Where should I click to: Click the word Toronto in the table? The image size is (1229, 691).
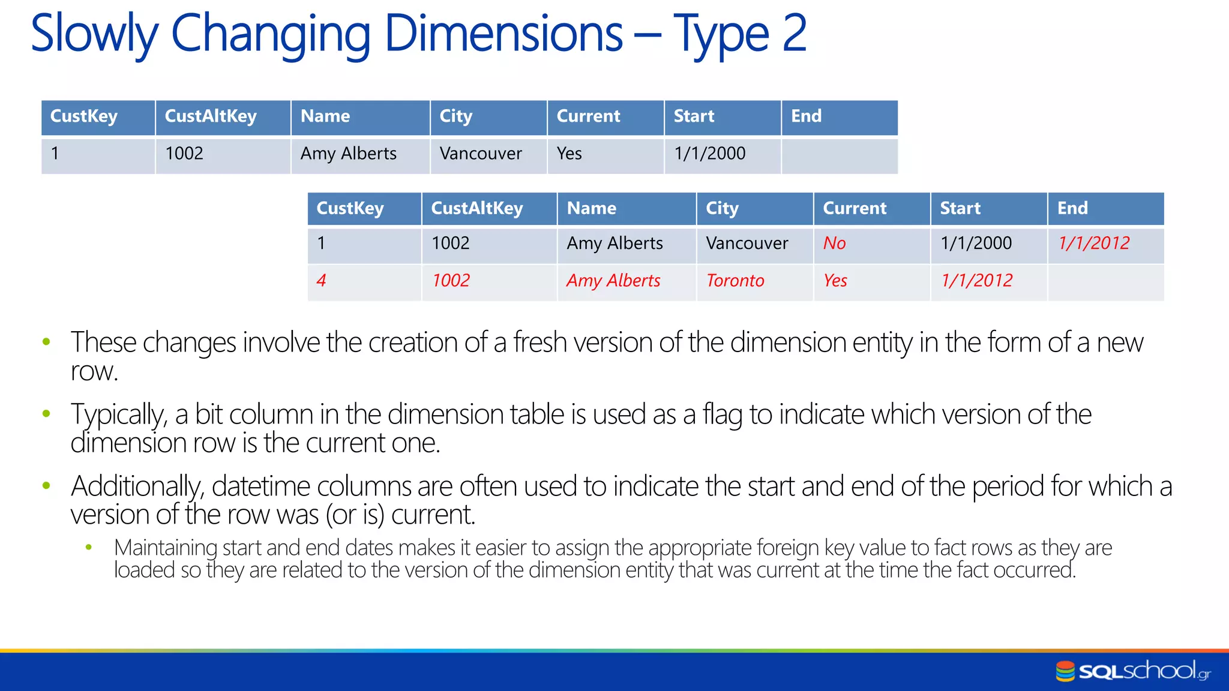point(735,281)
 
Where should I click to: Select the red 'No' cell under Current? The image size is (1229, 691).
point(834,244)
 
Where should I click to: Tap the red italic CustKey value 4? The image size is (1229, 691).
point(321,281)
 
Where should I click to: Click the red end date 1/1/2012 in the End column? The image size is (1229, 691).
point(1093,244)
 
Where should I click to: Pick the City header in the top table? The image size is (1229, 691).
point(456,116)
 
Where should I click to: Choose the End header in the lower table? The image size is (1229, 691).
point(1072,209)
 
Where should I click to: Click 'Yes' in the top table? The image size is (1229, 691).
point(569,154)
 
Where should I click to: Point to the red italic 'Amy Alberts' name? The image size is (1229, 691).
point(613,281)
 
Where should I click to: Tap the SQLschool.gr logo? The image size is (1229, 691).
point(1133,671)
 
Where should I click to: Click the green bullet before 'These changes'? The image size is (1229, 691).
point(47,342)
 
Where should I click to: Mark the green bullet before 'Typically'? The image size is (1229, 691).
point(47,413)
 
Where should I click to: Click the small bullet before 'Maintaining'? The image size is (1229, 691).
point(89,547)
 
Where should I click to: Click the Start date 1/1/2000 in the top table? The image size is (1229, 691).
point(709,154)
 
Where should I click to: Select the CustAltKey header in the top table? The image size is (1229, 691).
point(211,116)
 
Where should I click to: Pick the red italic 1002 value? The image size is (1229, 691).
point(451,281)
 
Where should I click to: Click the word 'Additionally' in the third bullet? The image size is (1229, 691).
point(137,486)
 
